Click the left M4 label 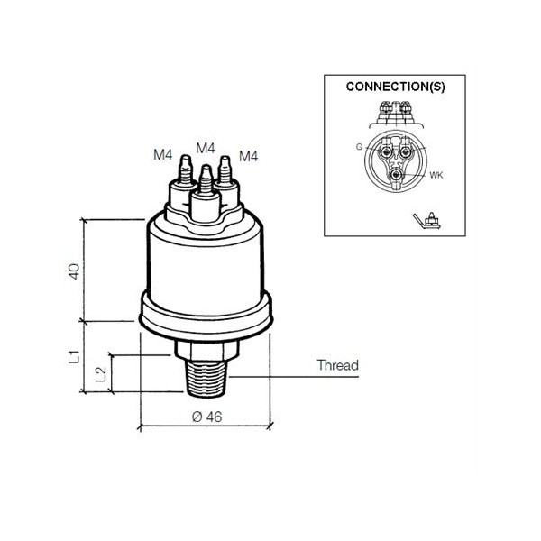click(163, 154)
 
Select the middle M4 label click(206, 148)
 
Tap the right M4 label click(249, 156)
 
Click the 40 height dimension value click(74, 271)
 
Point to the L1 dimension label click(74, 356)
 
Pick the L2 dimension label click(100, 374)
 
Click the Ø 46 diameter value click(207, 417)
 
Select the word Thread click(338, 365)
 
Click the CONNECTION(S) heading click(396, 87)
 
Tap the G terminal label click(359, 147)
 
